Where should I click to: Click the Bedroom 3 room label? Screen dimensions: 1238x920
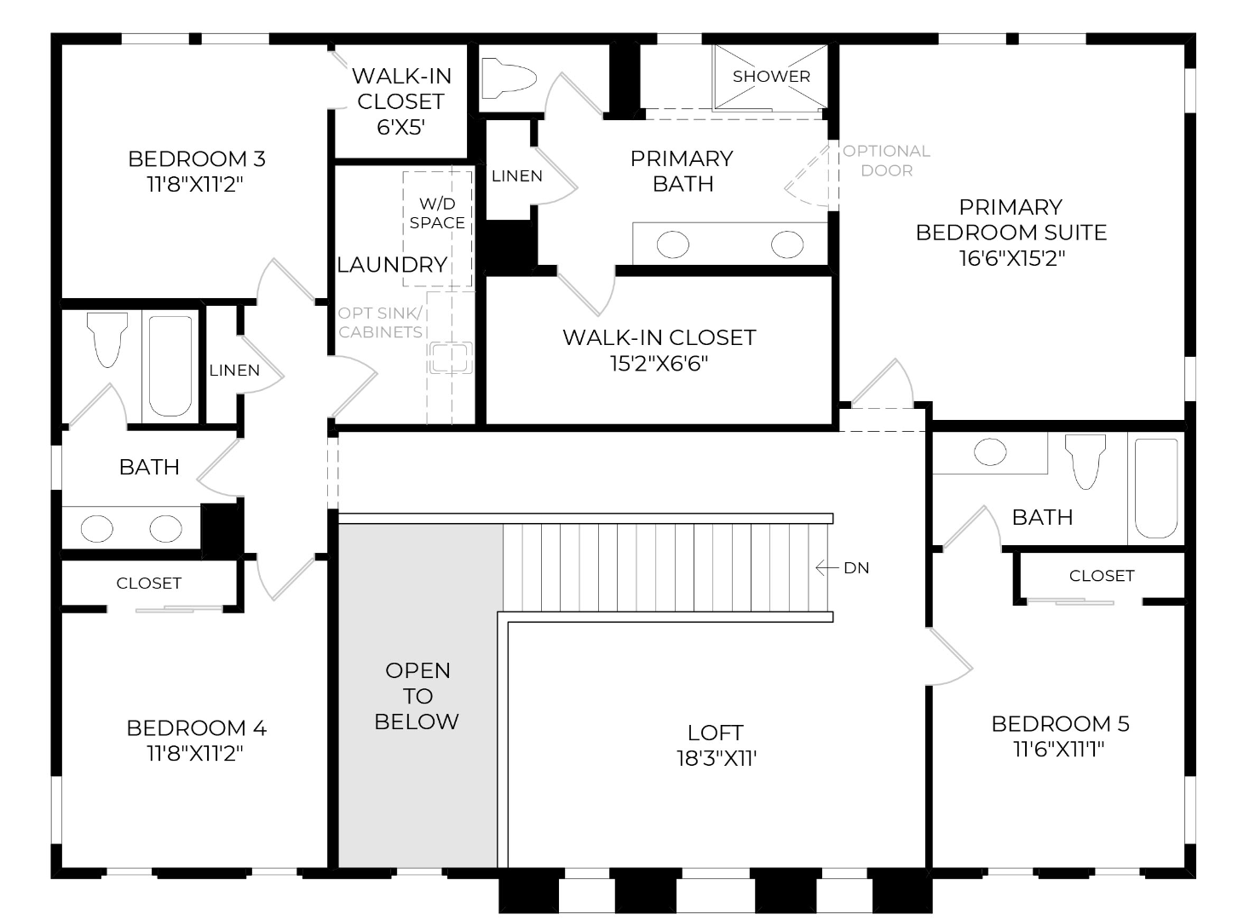click(197, 159)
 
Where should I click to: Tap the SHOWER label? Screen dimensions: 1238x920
click(771, 77)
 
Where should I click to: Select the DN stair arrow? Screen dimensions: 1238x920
click(826, 567)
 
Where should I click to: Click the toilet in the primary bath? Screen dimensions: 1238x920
click(509, 78)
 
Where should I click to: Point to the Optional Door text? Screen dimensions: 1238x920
click(886, 160)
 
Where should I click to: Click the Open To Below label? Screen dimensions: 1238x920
click(417, 696)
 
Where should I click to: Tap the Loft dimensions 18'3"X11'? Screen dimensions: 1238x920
click(716, 759)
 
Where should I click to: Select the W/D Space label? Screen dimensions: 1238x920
click(437, 213)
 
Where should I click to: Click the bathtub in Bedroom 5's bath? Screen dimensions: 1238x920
click(1155, 488)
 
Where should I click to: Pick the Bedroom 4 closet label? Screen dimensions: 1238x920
click(148, 584)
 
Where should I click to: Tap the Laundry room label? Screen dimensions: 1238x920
click(392, 265)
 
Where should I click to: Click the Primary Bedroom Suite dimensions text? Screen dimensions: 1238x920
click(1011, 258)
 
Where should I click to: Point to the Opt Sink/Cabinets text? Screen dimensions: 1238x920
click(380, 323)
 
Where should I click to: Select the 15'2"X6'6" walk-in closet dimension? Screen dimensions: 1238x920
click(659, 364)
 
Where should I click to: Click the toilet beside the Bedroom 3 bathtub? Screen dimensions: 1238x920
click(107, 339)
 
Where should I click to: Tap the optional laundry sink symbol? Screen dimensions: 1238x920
click(450, 358)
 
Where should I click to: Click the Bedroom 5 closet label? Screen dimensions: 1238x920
click(1102, 576)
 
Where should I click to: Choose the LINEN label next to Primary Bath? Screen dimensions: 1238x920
click(517, 175)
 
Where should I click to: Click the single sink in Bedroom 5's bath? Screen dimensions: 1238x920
click(989, 451)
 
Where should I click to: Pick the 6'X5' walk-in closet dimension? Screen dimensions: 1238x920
click(400, 127)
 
